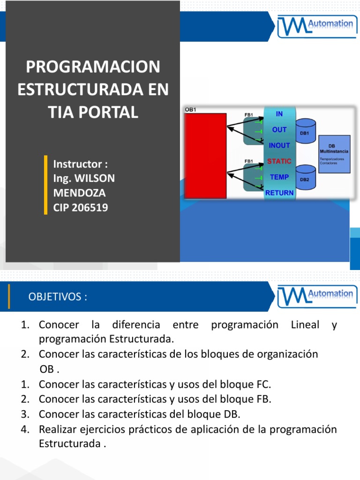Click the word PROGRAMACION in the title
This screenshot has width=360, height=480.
pyautogui.click(x=93, y=67)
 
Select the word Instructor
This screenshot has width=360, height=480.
pyautogui.click(x=77, y=165)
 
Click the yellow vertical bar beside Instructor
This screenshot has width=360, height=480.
pyautogui.click(x=45, y=185)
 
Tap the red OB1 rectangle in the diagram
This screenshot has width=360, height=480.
pyautogui.click(x=205, y=156)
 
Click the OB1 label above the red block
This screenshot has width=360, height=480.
pyautogui.click(x=190, y=110)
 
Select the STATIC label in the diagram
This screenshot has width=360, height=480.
pyautogui.click(x=279, y=161)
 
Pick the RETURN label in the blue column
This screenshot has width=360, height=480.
pyautogui.click(x=279, y=193)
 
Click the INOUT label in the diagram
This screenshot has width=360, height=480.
pyautogui.click(x=279, y=145)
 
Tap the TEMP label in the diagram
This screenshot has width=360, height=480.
pyautogui.click(x=279, y=177)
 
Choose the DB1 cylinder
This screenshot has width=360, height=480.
pyautogui.click(x=305, y=132)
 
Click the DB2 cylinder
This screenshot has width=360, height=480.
pyautogui.click(x=305, y=178)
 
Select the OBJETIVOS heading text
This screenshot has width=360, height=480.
pyautogui.click(x=58, y=297)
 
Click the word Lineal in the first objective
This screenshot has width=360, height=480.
pyautogui.click(x=305, y=325)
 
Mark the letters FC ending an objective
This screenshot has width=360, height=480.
pyautogui.click(x=263, y=385)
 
